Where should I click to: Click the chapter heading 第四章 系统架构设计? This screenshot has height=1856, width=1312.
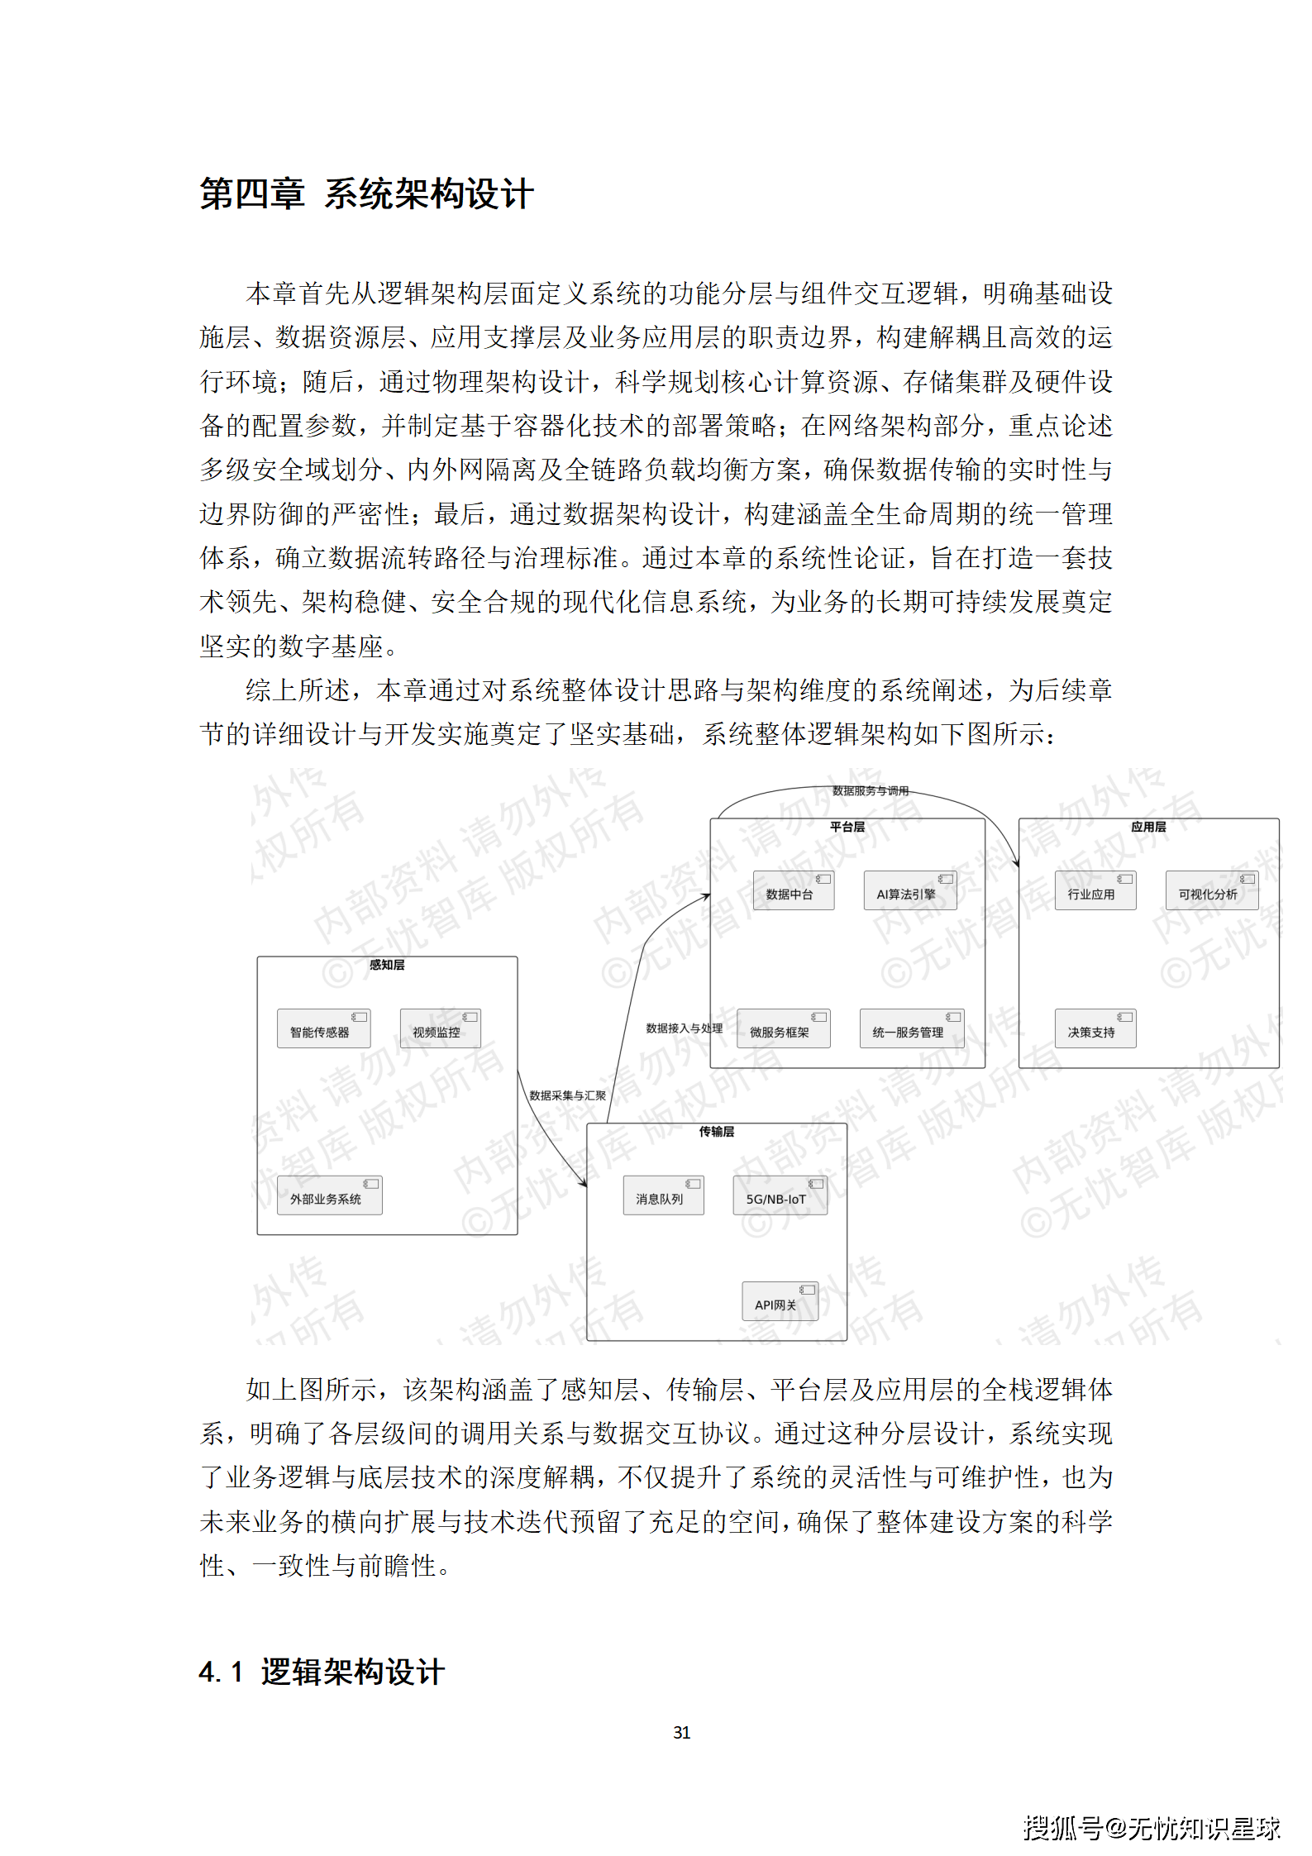tap(366, 194)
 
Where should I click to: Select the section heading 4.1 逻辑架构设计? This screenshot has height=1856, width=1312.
tap(322, 1671)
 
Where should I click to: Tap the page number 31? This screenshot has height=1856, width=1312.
tap(681, 1732)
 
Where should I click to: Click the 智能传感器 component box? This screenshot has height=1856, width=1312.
tap(323, 1029)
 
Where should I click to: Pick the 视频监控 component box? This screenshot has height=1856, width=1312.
tap(440, 1029)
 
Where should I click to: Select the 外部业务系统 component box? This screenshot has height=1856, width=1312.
tap(329, 1195)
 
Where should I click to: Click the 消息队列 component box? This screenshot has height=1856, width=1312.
tap(663, 1195)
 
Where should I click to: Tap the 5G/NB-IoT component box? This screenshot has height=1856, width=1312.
tap(780, 1195)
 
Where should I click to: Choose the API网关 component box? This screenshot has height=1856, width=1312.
tap(780, 1301)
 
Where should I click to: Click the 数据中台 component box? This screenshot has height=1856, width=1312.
tap(793, 891)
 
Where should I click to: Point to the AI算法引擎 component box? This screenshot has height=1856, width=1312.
tap(909, 891)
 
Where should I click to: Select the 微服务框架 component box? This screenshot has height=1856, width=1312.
tap(783, 1029)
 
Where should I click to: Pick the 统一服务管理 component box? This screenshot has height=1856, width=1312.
tap(911, 1029)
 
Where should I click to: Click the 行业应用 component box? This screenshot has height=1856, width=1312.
tap(1095, 891)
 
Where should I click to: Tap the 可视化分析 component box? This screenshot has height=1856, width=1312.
tap(1211, 891)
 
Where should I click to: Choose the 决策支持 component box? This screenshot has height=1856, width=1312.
tap(1095, 1029)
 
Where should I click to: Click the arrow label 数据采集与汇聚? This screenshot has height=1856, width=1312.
tap(567, 1095)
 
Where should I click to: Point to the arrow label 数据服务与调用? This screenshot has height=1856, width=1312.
tap(870, 791)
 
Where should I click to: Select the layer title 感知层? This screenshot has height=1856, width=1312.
tap(387, 965)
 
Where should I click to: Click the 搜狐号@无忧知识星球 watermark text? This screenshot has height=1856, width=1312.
tap(1152, 1828)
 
